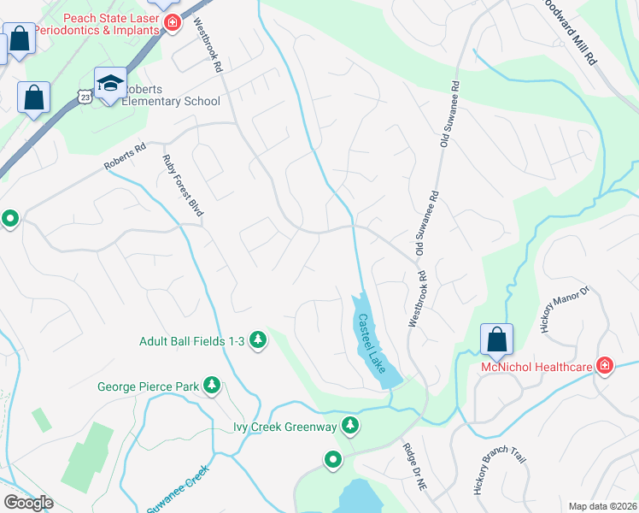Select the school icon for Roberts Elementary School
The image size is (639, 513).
110,84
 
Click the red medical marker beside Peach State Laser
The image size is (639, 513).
173,22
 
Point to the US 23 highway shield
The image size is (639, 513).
84,97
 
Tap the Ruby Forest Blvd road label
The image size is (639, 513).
183,185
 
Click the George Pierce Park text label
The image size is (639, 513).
149,387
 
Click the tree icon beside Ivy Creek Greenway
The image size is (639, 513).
349,425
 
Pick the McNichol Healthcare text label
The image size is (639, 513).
536,368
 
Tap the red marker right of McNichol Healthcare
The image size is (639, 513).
605,367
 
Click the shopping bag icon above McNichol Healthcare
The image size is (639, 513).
496,340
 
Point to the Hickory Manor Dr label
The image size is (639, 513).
566,310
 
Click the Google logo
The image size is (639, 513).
28,502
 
